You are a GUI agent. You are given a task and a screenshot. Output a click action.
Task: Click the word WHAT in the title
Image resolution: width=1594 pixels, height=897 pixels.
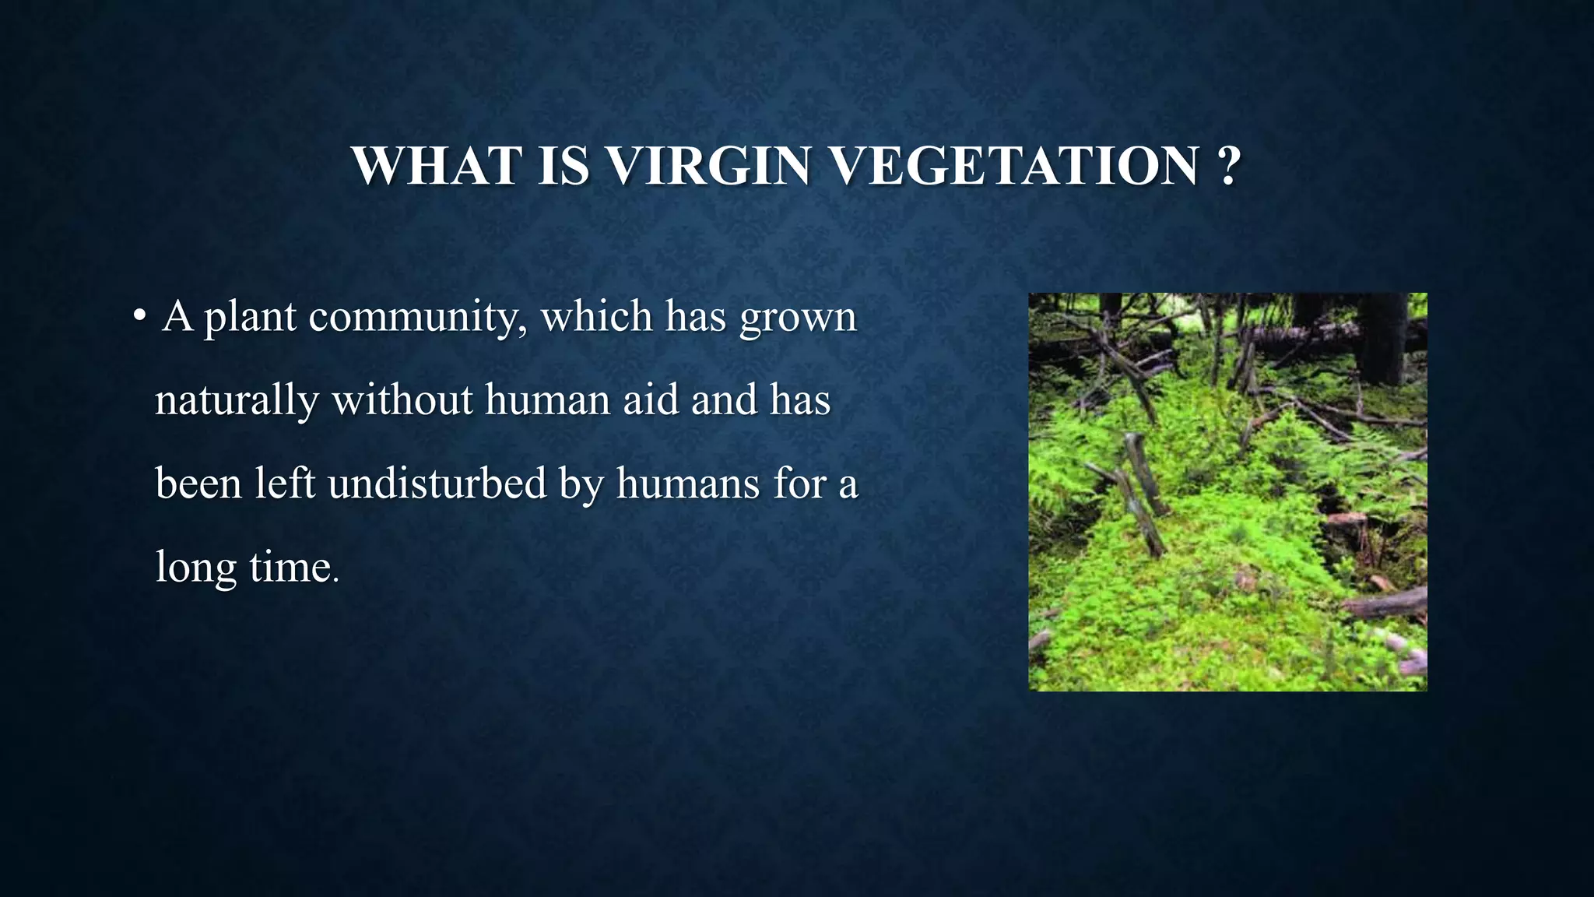(x=436, y=166)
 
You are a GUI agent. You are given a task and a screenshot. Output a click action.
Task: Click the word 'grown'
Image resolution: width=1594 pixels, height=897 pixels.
(x=798, y=317)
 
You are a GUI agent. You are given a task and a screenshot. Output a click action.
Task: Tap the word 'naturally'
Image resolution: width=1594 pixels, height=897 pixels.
(x=237, y=400)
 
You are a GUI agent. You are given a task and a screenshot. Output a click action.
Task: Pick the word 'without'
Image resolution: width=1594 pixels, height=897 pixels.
(x=402, y=400)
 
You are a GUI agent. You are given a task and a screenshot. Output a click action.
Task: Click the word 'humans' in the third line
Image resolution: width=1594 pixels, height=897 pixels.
(x=687, y=484)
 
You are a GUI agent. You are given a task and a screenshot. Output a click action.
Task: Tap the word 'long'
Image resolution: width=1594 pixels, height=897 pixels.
(x=195, y=568)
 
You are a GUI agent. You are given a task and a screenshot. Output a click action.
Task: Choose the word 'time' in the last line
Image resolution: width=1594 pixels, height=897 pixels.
(x=290, y=568)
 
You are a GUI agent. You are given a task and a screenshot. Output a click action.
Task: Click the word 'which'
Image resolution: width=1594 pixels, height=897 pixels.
(x=596, y=317)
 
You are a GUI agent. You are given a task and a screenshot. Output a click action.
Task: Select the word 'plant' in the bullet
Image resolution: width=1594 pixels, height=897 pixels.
(x=249, y=317)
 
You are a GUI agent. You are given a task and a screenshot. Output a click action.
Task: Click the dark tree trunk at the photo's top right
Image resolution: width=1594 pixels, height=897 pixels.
(x=1382, y=335)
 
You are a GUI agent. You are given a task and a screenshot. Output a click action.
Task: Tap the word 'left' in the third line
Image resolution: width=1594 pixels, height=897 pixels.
(x=284, y=484)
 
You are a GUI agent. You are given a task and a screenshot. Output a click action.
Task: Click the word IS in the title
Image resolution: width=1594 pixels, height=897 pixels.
(x=564, y=166)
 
